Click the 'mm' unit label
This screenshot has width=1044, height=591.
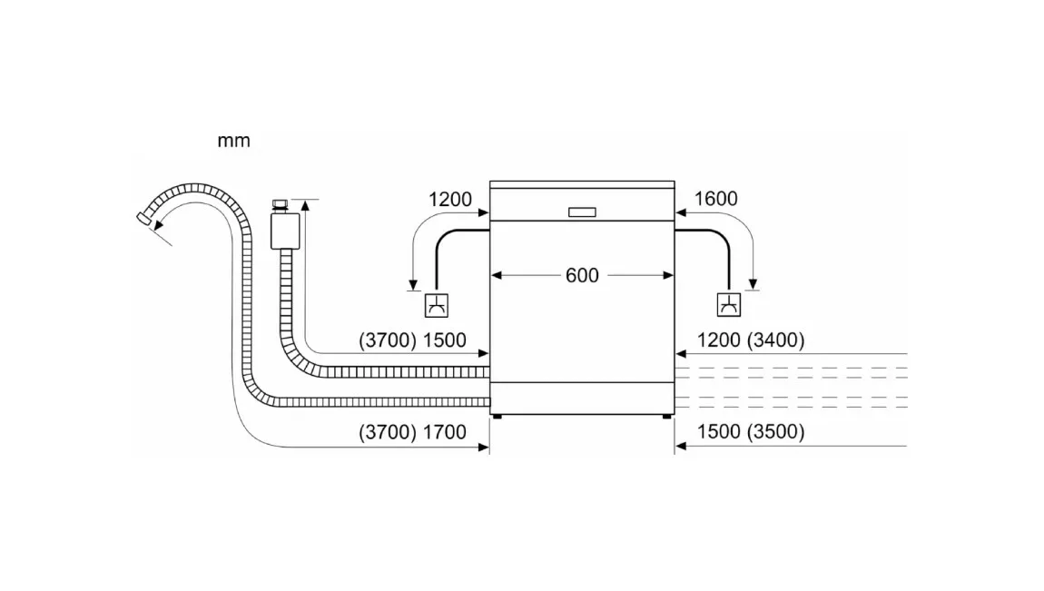tap(233, 141)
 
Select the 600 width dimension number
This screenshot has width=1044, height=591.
tap(582, 276)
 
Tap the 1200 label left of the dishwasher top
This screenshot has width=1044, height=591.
tap(450, 199)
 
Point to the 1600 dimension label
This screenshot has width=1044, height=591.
tap(715, 198)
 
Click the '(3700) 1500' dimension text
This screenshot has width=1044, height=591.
tap(413, 340)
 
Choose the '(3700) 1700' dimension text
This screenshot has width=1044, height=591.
tap(413, 432)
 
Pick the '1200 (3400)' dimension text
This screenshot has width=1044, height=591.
tap(751, 340)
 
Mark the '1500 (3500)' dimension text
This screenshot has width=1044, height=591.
tap(751, 431)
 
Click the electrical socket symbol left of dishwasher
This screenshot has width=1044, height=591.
tap(437, 305)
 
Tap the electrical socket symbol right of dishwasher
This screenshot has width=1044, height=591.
tap(729, 305)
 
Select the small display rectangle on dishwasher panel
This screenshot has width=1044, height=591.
tap(582, 212)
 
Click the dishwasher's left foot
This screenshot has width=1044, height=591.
tap(497, 417)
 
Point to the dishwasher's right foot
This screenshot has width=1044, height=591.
tap(667, 417)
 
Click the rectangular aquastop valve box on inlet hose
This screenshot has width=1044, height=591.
tap(285, 231)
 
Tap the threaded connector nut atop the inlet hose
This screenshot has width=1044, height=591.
tap(281, 205)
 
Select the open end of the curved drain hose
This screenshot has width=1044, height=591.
tap(143, 218)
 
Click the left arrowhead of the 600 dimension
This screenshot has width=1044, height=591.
tap(496, 276)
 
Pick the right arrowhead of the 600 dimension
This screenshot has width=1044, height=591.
tap(668, 276)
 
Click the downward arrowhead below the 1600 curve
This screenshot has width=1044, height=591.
tap(753, 285)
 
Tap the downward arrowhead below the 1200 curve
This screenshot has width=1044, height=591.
tap(413, 286)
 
